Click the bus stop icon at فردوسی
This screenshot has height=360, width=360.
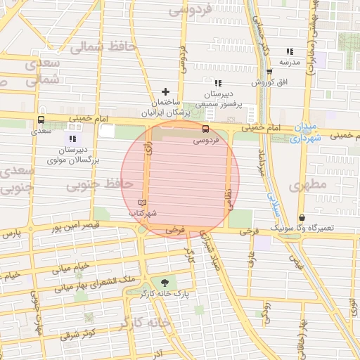[x=206, y=129]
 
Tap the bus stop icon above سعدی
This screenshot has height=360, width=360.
[x=41, y=120]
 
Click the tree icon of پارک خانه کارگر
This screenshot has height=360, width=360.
[x=165, y=281]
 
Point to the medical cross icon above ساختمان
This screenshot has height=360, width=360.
[x=166, y=91]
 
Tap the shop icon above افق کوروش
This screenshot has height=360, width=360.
[x=269, y=72]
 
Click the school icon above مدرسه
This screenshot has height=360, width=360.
[x=290, y=51]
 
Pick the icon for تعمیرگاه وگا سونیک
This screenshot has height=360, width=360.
[x=302, y=218]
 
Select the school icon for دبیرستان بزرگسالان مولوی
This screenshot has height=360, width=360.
[x=73, y=139]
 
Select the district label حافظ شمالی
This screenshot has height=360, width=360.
[x=96, y=47]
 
